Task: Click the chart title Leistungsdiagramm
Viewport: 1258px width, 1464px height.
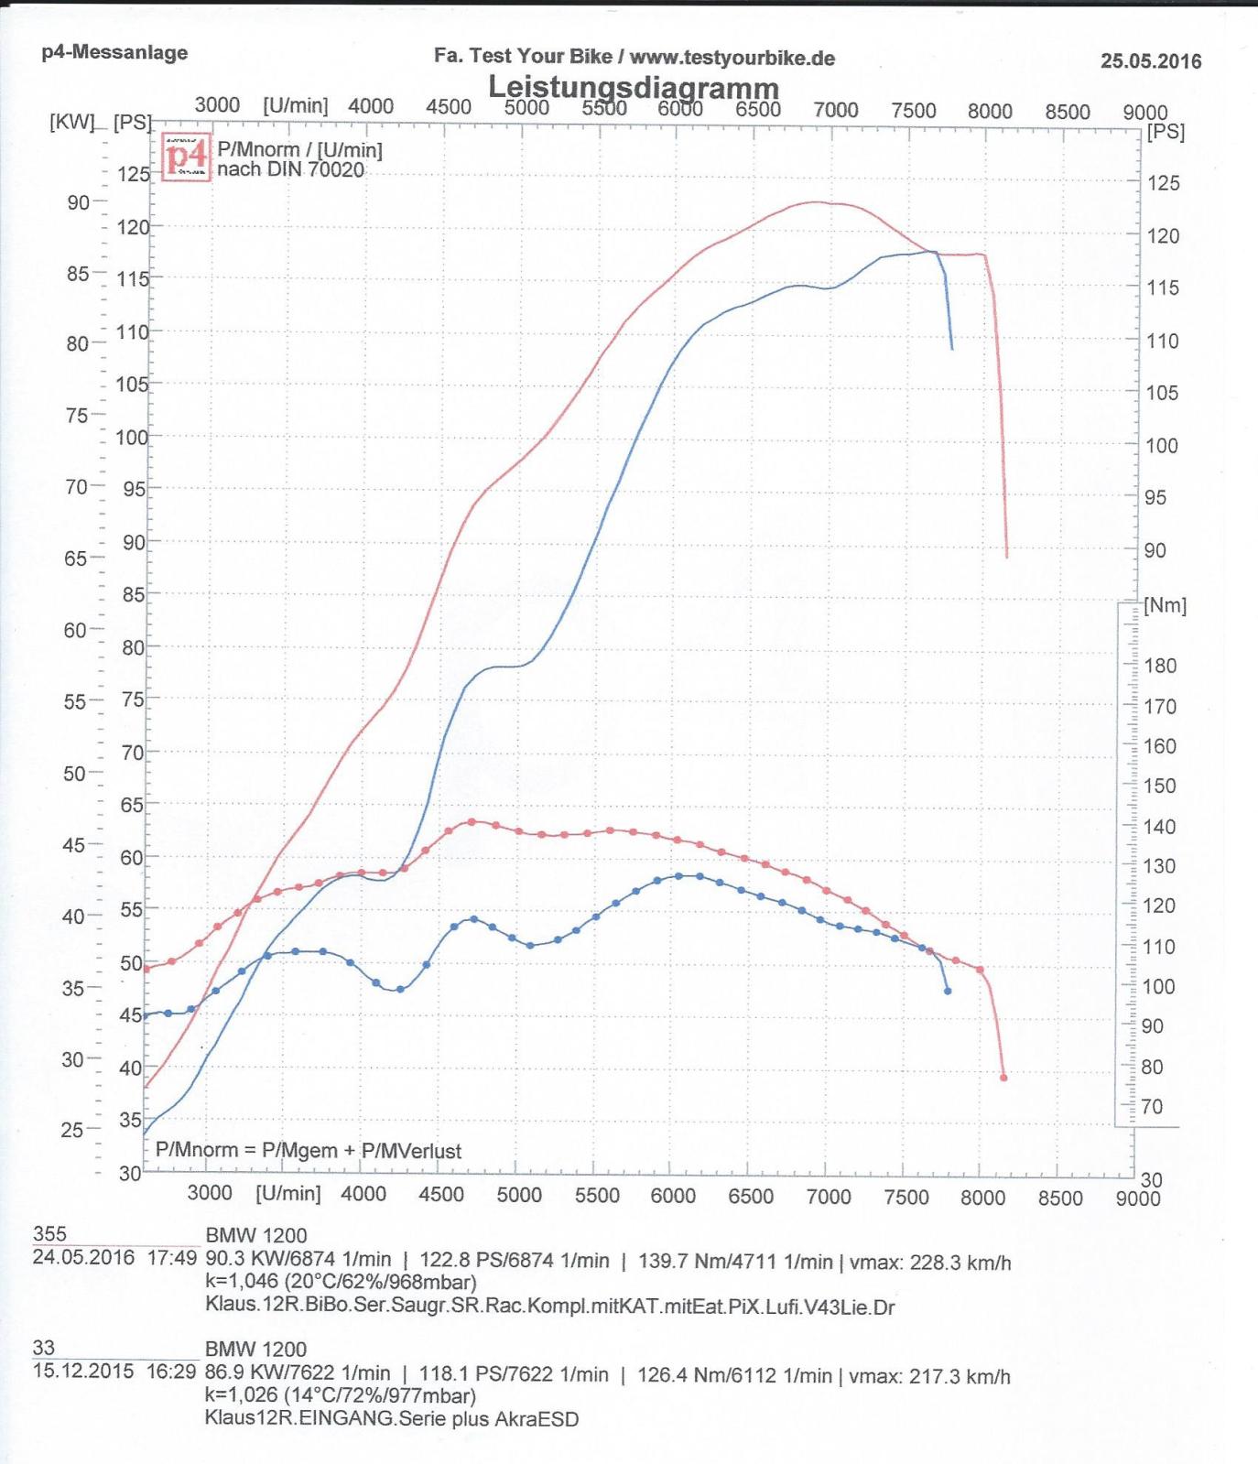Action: [633, 88]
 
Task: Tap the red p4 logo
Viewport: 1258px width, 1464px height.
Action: [186, 157]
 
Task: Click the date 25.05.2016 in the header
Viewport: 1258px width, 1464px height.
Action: [1150, 61]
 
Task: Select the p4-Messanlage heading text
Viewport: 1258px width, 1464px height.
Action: [114, 52]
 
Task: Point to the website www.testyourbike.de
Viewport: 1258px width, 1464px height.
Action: [732, 57]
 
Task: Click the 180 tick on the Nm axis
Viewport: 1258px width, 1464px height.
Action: [1159, 666]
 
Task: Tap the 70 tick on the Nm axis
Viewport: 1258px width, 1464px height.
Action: [1151, 1107]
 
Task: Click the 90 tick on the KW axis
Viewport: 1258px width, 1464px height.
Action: [78, 202]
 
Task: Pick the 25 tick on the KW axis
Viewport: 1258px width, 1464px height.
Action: [72, 1130]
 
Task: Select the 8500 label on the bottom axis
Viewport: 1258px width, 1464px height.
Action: [1060, 1198]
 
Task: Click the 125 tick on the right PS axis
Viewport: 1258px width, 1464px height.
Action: [1164, 183]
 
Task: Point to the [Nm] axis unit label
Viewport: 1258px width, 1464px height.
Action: [1165, 605]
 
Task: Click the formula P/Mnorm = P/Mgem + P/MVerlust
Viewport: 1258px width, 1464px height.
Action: [309, 1151]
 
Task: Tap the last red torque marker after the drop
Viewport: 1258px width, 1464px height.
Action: [1003, 1078]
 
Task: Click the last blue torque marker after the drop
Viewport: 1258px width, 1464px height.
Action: [948, 991]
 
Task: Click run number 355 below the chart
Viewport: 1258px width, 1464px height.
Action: [49, 1234]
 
